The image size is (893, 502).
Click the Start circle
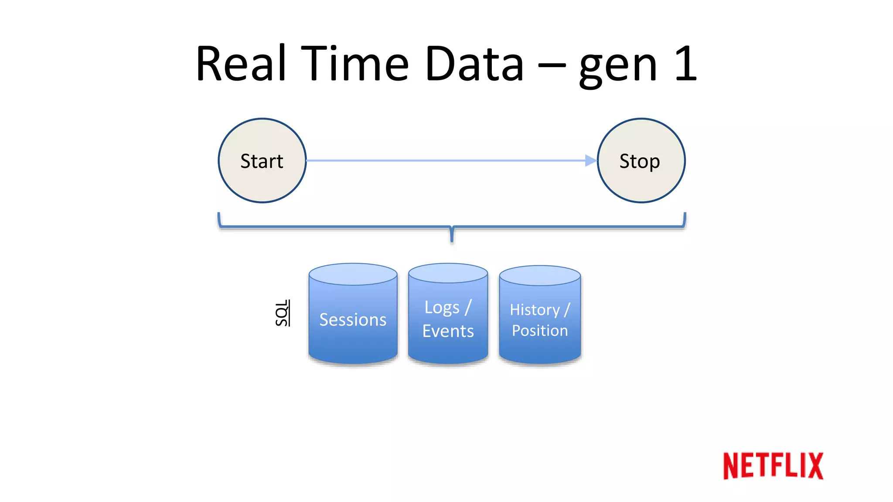point(262,160)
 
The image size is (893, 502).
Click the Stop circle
point(641,160)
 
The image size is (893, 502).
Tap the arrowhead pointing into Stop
point(591,160)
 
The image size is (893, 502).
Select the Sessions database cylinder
point(353,319)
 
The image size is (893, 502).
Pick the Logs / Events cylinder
point(448,319)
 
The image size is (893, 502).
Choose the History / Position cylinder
point(540,320)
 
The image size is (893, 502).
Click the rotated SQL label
point(283,313)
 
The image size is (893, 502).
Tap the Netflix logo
point(773,466)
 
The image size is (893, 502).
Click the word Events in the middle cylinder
point(448,331)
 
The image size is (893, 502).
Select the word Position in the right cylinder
point(540,331)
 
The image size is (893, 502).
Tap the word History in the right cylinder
point(535,310)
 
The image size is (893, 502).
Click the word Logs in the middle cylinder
point(442,308)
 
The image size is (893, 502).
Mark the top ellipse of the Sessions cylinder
point(353,274)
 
